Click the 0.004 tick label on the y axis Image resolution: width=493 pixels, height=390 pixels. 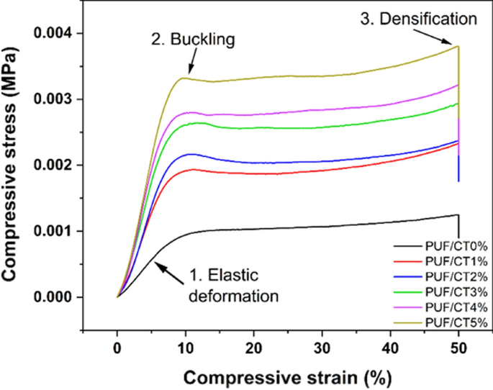coord(59,33)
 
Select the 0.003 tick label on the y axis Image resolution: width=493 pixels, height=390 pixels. coord(59,99)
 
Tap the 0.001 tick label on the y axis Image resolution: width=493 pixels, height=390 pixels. coord(59,231)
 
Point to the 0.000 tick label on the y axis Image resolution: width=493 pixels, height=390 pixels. coord(59,297)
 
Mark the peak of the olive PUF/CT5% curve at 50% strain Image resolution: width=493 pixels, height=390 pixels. coord(458,47)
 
